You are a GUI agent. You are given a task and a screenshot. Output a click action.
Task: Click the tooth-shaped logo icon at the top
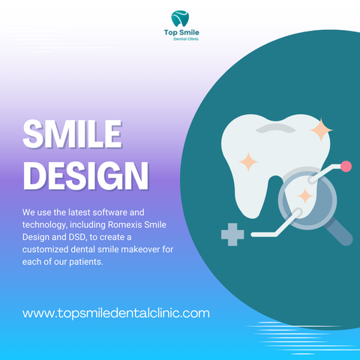pos(180,19)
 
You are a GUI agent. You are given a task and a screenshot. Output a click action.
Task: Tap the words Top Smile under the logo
pos(181,32)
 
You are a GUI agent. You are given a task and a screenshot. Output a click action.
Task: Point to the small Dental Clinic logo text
pos(186,39)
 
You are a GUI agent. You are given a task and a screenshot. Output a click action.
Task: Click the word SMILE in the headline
pos(73,134)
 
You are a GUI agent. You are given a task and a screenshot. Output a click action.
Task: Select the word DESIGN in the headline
pos(86,175)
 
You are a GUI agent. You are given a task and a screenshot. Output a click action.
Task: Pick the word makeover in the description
pos(140,249)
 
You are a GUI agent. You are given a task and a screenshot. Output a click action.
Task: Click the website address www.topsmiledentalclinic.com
pos(116,313)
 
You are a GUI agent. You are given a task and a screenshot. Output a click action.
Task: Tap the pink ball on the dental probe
pos(346,166)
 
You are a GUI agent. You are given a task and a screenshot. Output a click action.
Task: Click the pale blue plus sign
pos(232,235)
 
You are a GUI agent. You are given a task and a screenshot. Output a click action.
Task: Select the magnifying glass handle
pos(339,232)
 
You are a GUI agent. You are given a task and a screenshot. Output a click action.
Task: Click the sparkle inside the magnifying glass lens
pos(305,196)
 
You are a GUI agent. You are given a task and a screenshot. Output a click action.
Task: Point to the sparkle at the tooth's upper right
pos(321,130)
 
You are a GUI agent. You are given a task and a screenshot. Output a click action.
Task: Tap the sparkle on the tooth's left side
pos(248,162)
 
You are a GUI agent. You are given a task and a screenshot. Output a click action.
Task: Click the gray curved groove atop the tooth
pos(275,127)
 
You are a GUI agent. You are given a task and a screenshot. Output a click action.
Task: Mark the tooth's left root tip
pos(252,216)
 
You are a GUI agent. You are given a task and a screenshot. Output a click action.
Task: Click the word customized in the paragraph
pos(45,250)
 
